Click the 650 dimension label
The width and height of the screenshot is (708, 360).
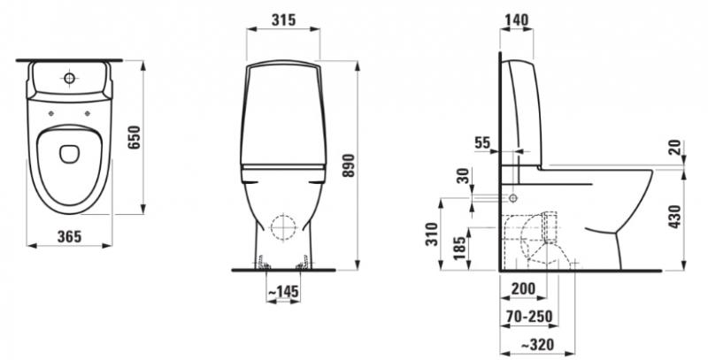point(135,137)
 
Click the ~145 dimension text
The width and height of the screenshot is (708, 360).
point(282,291)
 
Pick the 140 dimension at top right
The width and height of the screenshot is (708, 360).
point(517,19)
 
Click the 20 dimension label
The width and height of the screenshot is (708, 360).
point(676,148)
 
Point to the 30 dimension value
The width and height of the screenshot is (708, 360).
point(461,176)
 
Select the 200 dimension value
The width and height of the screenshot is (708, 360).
point(523,288)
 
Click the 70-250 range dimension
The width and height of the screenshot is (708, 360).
point(528,317)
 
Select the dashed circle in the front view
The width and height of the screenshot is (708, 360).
point(283,227)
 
